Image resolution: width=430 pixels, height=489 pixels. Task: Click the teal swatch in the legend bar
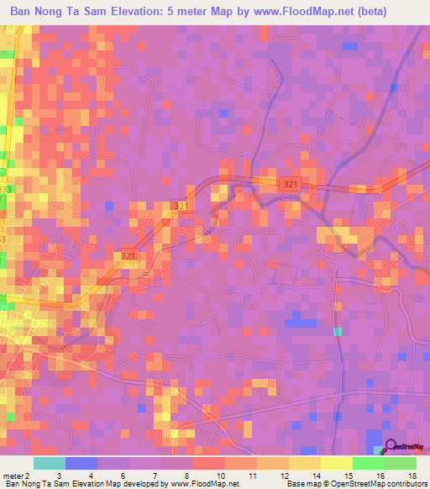click(50, 463)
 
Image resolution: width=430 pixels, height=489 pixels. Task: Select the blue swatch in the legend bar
click(81, 463)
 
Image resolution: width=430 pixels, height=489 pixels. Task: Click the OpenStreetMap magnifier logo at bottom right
click(389, 448)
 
